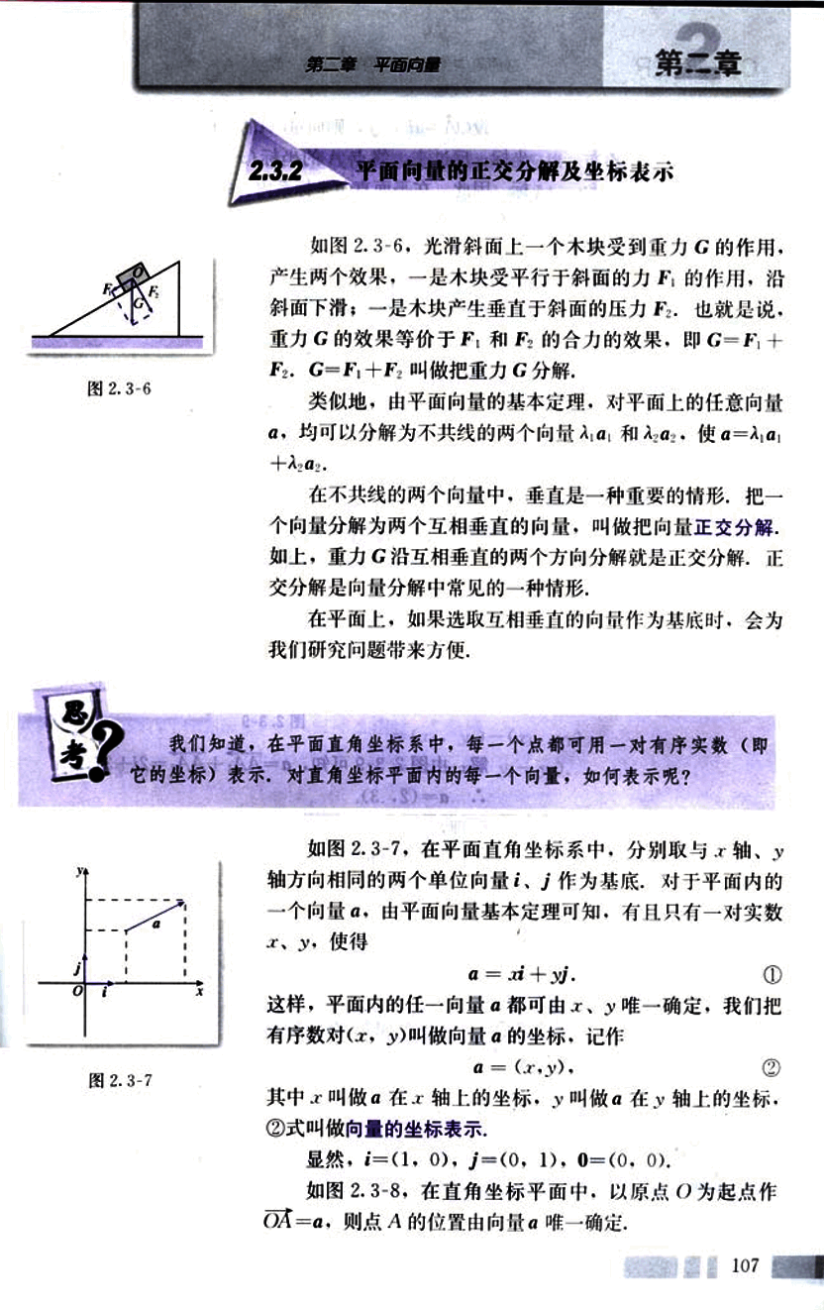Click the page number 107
coord(744,1265)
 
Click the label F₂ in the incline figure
coord(155,290)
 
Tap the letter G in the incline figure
coord(138,307)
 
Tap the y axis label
coord(77,871)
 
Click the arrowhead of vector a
coord(181,903)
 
